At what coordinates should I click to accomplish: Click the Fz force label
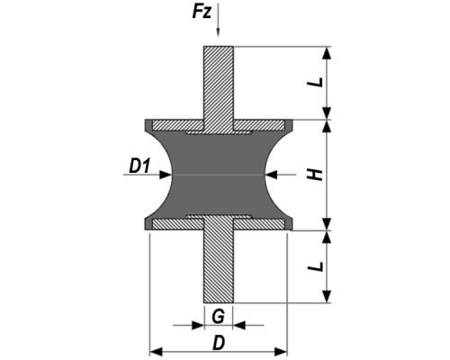[202, 13]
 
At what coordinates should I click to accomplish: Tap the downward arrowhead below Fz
[218, 32]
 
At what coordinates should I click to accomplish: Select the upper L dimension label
[316, 82]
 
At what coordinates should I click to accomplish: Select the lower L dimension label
[316, 266]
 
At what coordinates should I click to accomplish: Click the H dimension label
[316, 175]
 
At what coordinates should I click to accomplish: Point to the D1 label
[139, 166]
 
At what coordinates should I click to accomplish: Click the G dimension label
[218, 316]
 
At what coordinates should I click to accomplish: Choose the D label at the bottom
[219, 343]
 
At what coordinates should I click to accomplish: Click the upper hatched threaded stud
[219, 88]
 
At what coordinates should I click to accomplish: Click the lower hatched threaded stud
[219, 260]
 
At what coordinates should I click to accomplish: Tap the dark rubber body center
[219, 175]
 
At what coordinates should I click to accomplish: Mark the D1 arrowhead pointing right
[166, 175]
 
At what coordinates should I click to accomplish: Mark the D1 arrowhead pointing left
[271, 175]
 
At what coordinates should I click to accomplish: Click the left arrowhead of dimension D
[156, 351]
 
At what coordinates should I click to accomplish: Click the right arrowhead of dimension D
[281, 351]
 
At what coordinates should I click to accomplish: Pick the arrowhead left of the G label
[198, 325]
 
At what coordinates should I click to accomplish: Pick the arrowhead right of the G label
[239, 325]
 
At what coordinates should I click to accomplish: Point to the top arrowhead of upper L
[327, 53]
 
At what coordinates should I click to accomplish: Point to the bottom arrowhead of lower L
[327, 296]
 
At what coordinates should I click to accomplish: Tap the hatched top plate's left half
[178, 125]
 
